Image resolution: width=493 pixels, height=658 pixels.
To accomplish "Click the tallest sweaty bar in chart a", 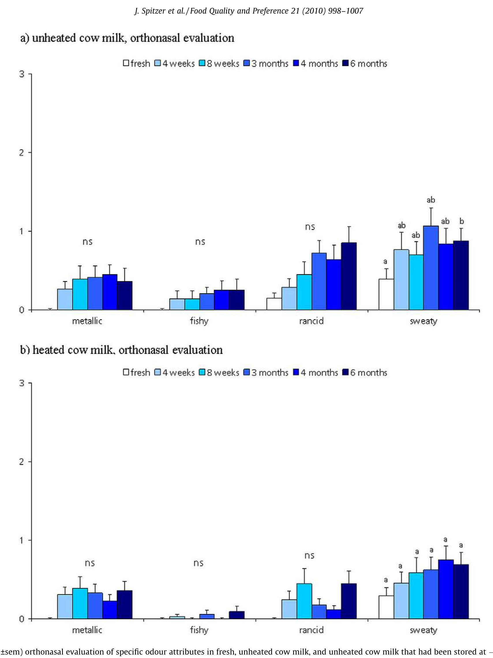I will pyautogui.click(x=431, y=268).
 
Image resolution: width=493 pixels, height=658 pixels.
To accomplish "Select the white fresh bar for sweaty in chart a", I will pyautogui.click(x=386, y=294).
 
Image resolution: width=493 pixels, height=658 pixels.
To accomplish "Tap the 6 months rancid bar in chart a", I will pyautogui.click(x=348, y=276).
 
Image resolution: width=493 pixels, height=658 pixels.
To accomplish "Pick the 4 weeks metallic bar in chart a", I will pyautogui.click(x=65, y=299).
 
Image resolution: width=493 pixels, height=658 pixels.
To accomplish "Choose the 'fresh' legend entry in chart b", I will pyautogui.click(x=137, y=372).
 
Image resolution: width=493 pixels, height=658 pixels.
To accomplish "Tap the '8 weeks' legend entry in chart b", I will pyautogui.click(x=219, y=372).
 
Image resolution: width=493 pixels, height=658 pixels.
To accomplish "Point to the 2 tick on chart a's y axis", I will pyautogui.click(x=22, y=153).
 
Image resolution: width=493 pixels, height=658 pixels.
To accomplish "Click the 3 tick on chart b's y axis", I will pyautogui.click(x=22, y=383).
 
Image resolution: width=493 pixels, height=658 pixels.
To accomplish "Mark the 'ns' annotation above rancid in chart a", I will pyautogui.click(x=310, y=227).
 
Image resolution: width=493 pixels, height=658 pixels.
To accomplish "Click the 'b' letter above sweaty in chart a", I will pyautogui.click(x=462, y=221).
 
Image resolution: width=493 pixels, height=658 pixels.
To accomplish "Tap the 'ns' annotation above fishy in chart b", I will pyautogui.click(x=198, y=563).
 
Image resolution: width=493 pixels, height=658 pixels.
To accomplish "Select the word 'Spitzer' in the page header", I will pyautogui.click(x=156, y=11).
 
